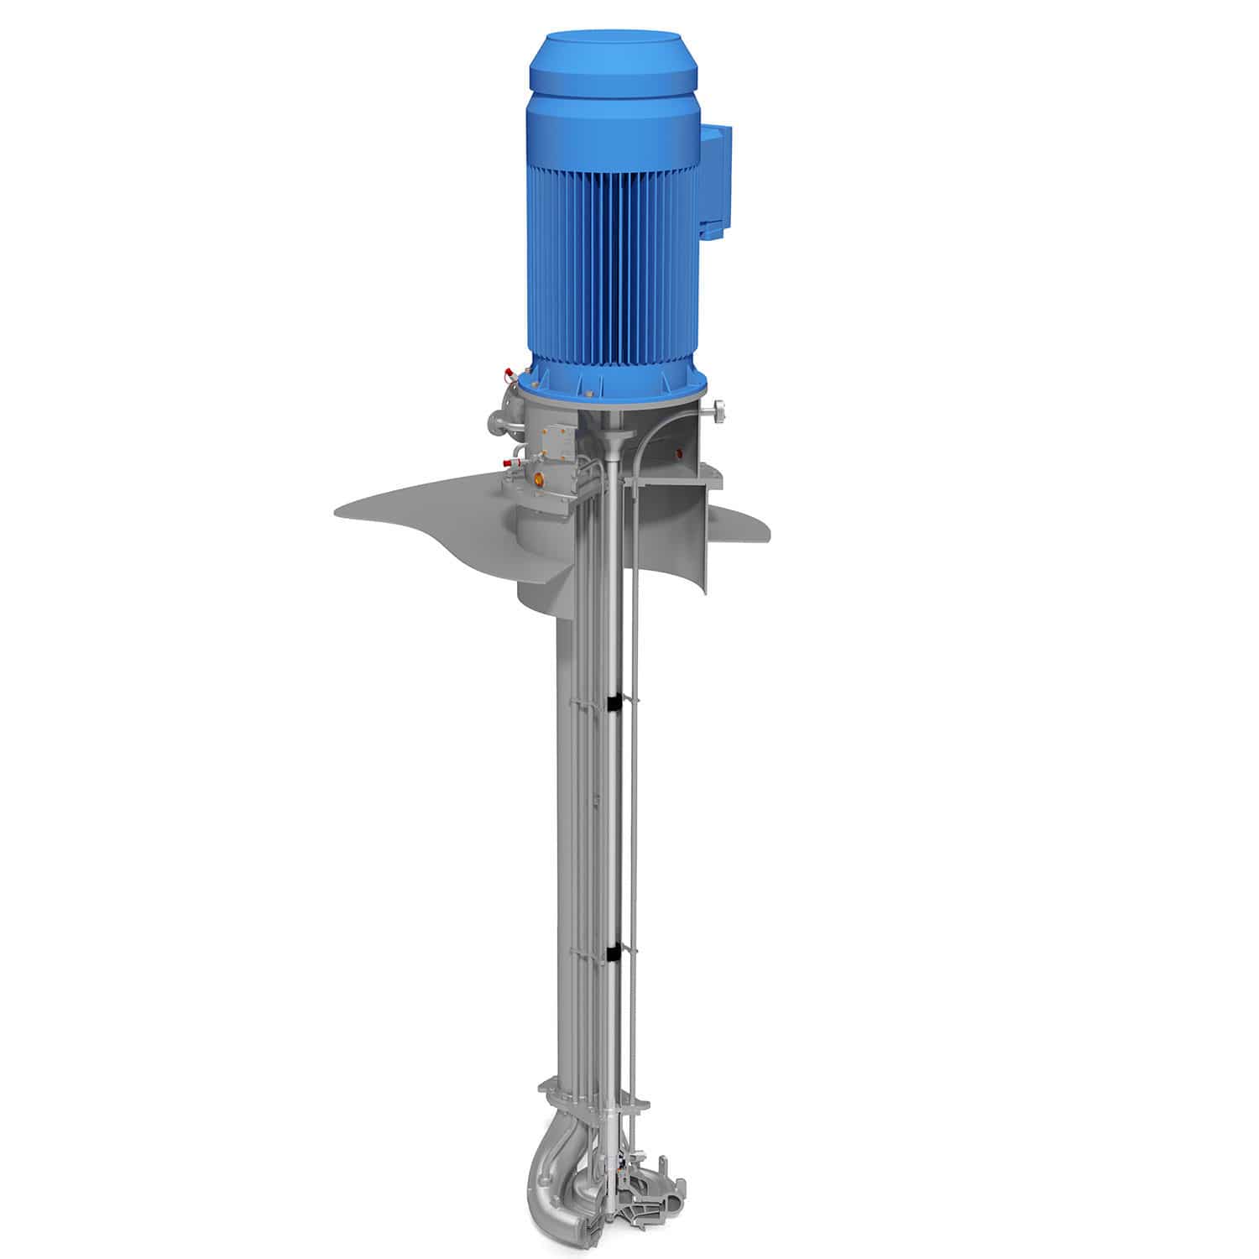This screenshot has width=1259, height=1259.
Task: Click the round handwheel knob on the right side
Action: [721, 411]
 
